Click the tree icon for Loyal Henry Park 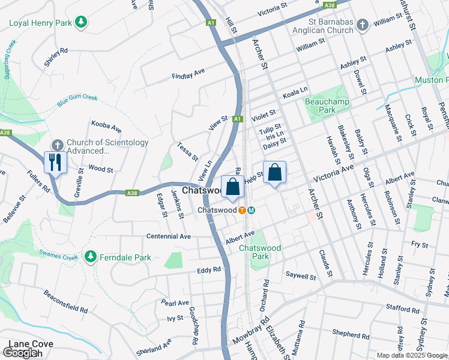(x=80, y=23)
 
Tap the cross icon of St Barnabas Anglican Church (x=361, y=25)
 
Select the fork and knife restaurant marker (x=55, y=163)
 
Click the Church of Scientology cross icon (x=57, y=145)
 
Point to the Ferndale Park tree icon (x=90, y=256)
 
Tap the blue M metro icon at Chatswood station (x=252, y=210)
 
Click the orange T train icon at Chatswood (x=242, y=210)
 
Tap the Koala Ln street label (x=295, y=92)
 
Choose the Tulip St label (x=270, y=130)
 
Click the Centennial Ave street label (x=169, y=236)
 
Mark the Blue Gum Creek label (x=77, y=100)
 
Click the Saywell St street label (x=301, y=277)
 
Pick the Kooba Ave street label (x=106, y=127)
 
